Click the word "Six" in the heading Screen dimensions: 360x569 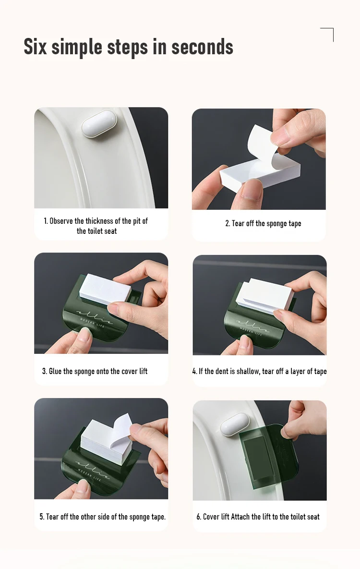click(35, 47)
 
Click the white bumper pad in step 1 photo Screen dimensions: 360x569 click(99, 124)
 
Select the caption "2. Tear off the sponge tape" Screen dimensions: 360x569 click(263, 224)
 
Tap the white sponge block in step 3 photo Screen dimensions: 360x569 click(105, 289)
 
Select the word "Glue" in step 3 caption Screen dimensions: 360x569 click(55, 371)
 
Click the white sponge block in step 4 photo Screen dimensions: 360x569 click(265, 296)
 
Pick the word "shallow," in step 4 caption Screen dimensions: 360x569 click(248, 371)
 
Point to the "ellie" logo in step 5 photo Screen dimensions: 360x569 click(93, 469)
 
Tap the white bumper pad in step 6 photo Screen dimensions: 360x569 click(235, 424)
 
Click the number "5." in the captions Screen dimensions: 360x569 click(42, 517)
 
